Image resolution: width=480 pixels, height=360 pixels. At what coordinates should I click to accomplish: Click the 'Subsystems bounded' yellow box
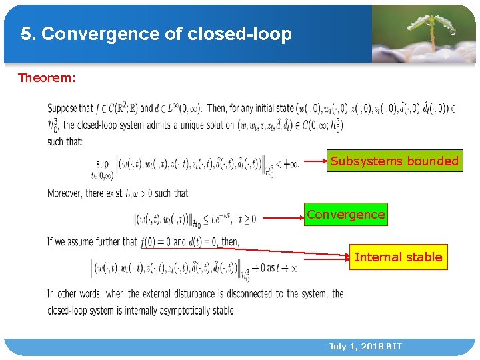(x=395, y=161)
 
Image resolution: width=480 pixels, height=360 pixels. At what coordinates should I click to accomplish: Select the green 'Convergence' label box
(x=345, y=215)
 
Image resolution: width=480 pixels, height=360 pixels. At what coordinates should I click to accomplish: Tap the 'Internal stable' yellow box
(x=398, y=257)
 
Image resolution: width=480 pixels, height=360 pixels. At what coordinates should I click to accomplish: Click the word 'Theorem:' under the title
(x=47, y=78)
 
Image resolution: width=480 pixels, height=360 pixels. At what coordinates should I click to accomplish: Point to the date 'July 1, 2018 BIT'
(x=365, y=346)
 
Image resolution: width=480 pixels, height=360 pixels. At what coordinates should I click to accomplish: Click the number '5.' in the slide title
(x=28, y=34)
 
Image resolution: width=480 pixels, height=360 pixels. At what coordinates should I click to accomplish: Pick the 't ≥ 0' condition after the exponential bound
(x=247, y=217)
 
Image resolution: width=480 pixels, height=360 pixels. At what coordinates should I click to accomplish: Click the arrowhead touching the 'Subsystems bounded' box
(x=323, y=161)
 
